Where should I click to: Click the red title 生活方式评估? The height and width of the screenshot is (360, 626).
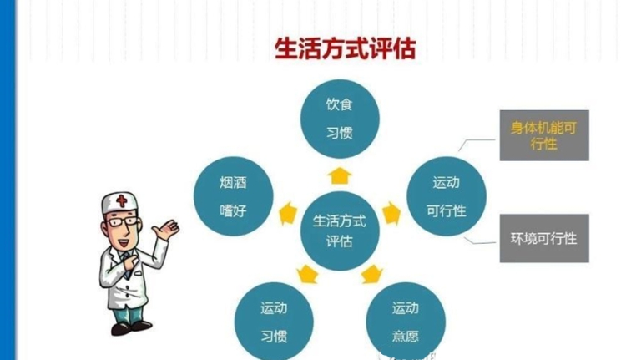point(346,48)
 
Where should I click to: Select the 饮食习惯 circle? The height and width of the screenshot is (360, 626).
point(340,119)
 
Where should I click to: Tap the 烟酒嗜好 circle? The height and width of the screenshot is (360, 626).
point(233,196)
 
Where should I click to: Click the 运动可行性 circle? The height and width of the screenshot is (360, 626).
point(447,196)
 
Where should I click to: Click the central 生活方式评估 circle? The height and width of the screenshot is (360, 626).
point(340,231)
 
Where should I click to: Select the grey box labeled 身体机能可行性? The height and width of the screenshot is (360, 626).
point(544,135)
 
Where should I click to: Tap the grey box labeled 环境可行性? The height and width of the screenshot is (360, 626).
point(544,238)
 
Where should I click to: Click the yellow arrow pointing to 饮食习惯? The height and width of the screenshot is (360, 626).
point(340,176)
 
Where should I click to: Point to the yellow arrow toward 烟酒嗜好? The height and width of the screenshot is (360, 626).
point(288,214)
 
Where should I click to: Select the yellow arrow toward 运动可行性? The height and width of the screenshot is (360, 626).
point(391,213)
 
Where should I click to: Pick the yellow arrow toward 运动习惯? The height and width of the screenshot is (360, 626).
point(307,274)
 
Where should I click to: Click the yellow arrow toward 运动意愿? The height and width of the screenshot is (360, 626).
point(371,274)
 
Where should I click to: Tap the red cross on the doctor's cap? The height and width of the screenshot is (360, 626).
point(122,200)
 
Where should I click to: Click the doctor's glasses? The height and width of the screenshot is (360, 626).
point(122,221)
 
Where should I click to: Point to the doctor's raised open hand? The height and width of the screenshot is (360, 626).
point(167,230)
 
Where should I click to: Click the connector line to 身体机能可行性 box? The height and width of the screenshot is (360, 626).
point(477,143)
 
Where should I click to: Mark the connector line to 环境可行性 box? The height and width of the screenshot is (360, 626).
point(480,241)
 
